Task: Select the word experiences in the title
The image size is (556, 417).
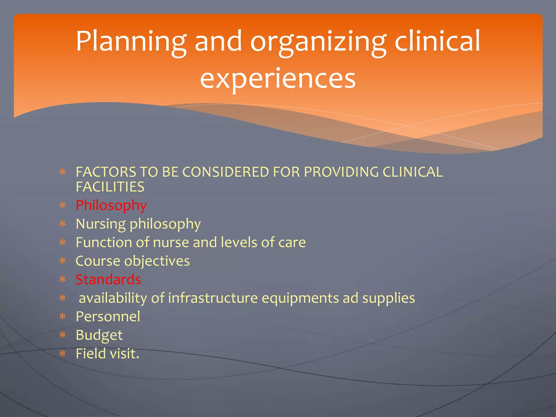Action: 278,78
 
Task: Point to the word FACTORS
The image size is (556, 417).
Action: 106,172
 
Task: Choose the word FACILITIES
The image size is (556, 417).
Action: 110,187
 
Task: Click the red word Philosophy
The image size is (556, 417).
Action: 111,206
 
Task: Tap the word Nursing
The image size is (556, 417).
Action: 101,224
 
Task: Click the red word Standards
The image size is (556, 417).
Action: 108,279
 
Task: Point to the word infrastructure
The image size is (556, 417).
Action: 213,298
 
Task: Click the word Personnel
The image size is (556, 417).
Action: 108,317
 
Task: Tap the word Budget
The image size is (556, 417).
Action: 99,335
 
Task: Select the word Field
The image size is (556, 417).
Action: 91,353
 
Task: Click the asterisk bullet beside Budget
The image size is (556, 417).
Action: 63,335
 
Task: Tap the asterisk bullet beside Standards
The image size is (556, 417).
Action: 63,279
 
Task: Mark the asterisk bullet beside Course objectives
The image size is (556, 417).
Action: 63,261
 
